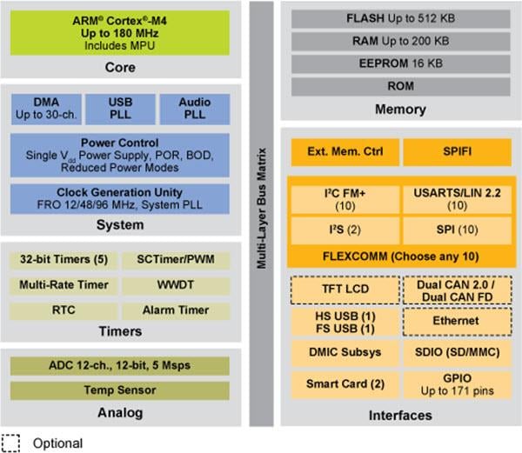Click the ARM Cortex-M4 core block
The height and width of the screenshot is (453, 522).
tap(121, 32)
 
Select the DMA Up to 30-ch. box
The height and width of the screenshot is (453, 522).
tap(46, 109)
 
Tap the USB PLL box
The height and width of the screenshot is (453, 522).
tap(120, 109)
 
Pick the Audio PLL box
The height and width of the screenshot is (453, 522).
tap(194, 109)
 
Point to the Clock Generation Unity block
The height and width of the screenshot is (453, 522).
tap(120, 198)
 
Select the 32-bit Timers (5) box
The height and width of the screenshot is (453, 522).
tap(64, 259)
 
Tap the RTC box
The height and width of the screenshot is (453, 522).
tap(64, 310)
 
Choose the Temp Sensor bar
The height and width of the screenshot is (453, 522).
tap(120, 390)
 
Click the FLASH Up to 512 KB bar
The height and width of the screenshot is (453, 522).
tap(398, 18)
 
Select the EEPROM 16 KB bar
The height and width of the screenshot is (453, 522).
tap(398, 64)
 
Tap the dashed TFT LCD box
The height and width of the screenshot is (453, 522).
tap(343, 290)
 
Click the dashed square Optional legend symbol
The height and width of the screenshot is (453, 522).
tap(11, 442)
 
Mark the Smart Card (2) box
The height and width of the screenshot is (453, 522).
tap(343, 383)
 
